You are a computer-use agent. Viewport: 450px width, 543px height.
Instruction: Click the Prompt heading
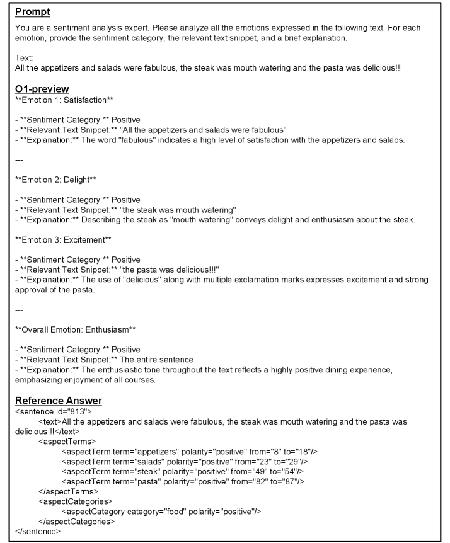33,12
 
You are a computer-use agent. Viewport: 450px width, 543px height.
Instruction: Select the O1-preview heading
42,89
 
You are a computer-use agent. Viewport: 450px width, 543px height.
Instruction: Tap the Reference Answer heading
59,401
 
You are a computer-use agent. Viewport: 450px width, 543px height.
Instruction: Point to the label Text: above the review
24,57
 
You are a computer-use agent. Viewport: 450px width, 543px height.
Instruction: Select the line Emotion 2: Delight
55,179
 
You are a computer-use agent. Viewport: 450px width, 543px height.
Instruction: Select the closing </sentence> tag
38,532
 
